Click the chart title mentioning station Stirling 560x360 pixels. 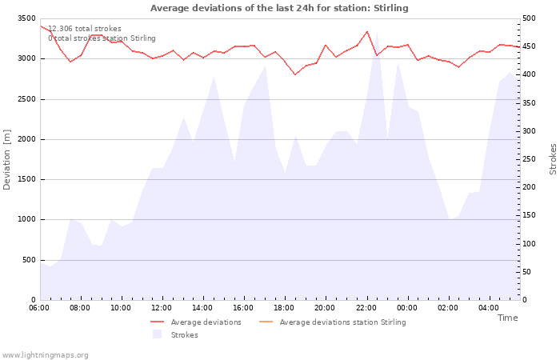point(279,8)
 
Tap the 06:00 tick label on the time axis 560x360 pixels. point(39,308)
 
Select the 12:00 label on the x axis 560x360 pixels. point(162,308)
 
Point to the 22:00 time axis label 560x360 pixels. point(366,308)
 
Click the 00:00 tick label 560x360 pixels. point(406,308)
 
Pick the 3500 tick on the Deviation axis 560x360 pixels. point(26,18)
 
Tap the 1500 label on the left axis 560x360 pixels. point(26,179)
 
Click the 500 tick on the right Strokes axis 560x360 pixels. point(529,18)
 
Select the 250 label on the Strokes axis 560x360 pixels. point(529,159)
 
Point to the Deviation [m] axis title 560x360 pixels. point(6,160)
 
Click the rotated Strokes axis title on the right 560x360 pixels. point(553,159)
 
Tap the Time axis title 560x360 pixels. point(507,318)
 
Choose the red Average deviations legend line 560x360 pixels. point(157,322)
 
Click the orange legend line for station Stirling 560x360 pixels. point(266,322)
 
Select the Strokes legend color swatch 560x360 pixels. point(157,334)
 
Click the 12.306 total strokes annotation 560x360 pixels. point(85,29)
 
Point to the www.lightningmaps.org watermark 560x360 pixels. point(45,355)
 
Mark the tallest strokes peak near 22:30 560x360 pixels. point(377,33)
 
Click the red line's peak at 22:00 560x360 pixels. point(366,31)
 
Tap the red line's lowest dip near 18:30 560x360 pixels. point(295,74)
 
